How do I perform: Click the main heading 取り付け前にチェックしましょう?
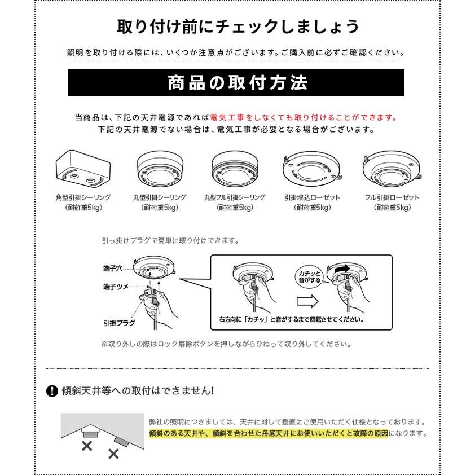pyautogui.click(x=237, y=27)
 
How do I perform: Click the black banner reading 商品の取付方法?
pyautogui.click(x=237, y=83)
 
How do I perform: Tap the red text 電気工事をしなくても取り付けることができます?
pyautogui.click(x=304, y=118)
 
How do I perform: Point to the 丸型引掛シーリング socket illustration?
pyautogui.click(x=160, y=167)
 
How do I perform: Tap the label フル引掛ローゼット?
pyautogui.click(x=392, y=198)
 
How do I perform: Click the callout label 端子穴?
pyautogui.click(x=113, y=268)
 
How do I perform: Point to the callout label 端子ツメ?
pyautogui.click(x=115, y=287)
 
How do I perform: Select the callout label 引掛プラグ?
pyautogui.click(x=119, y=322)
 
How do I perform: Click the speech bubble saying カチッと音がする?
pyautogui.click(x=309, y=276)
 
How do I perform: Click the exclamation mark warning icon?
pyautogui.click(x=52, y=390)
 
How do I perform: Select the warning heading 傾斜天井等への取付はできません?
pyautogui.click(x=138, y=390)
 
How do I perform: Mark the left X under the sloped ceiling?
pyautogui.click(x=87, y=447)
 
